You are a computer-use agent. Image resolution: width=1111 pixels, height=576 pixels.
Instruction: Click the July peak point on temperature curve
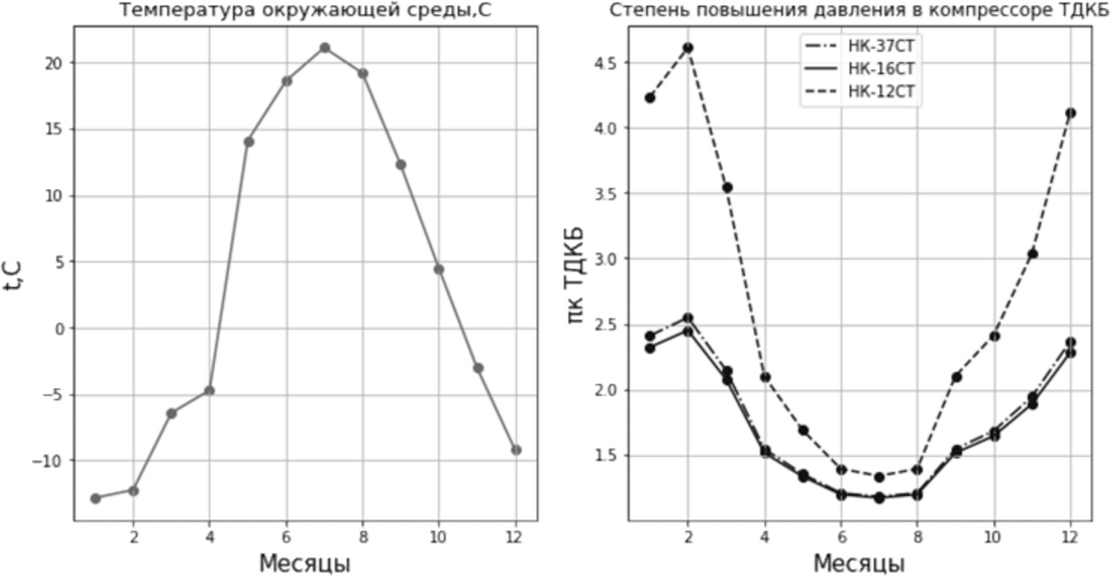(325, 48)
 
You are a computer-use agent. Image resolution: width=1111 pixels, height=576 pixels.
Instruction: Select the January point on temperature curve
(95, 498)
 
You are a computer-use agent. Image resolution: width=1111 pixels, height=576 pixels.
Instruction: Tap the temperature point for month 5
(249, 141)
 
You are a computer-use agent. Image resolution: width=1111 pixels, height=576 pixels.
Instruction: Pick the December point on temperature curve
(516, 450)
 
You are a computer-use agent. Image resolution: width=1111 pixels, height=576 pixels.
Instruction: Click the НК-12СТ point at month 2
(688, 48)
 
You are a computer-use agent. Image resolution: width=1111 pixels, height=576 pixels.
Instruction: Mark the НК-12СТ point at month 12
(1071, 113)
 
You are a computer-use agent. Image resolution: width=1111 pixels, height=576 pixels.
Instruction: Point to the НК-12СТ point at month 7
(880, 477)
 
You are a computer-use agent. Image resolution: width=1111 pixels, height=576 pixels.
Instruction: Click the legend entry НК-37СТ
(880, 46)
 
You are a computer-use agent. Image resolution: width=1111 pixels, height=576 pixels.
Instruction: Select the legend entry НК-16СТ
(880, 69)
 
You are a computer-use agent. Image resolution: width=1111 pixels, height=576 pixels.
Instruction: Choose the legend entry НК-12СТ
(880, 91)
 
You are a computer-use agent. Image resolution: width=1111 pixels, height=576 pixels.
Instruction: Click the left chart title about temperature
(305, 10)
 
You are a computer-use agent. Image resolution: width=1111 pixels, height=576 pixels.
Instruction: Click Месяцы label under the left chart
(305, 563)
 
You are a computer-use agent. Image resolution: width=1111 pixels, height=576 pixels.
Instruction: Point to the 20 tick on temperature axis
(54, 63)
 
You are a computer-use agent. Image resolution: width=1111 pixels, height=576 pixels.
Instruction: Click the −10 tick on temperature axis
(48, 461)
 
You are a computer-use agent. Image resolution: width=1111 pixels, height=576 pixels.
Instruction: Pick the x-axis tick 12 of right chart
(1071, 536)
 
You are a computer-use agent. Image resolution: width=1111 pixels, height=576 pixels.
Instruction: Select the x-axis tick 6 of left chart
(287, 536)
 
